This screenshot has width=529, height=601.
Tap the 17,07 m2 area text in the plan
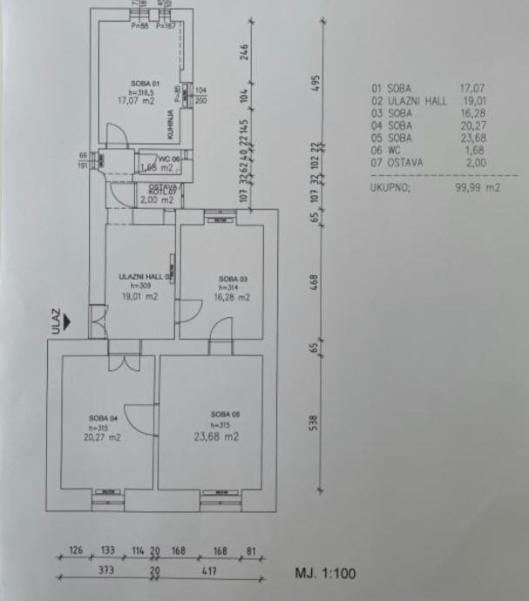click(142, 100)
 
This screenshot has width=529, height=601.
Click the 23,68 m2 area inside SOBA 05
click(217, 437)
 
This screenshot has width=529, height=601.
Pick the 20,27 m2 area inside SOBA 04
click(100, 440)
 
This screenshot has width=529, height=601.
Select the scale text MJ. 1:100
click(325, 574)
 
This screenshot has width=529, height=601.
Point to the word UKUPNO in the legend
click(391, 186)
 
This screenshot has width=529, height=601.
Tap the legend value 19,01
click(474, 100)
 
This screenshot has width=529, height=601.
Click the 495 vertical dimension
click(316, 81)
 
